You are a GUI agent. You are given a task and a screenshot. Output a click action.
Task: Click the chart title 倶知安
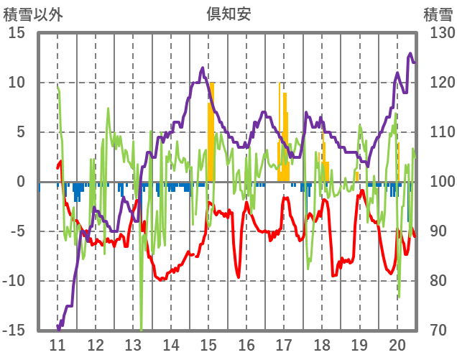pyautogui.click(x=228, y=14)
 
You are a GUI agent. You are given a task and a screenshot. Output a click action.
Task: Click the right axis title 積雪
pyautogui.click(x=438, y=14)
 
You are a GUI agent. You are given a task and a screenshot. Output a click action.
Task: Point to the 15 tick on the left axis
pyautogui.click(x=17, y=33)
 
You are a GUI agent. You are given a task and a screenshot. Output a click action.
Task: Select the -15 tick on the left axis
pyautogui.click(x=14, y=331)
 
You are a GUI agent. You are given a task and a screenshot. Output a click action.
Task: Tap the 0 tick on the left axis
pyautogui.click(x=21, y=182)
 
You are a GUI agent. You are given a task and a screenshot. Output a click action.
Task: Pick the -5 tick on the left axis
pyautogui.click(x=17, y=231)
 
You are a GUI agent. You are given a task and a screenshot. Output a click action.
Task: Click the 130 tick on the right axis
pyautogui.click(x=438, y=33)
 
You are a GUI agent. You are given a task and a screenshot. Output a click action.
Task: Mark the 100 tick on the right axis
pyautogui.click(x=438, y=182)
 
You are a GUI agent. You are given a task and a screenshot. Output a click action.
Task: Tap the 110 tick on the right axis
pyautogui.click(x=438, y=132)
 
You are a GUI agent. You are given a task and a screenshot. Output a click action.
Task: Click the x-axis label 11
pyautogui.click(x=57, y=344)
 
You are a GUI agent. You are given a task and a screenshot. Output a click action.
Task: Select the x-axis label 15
pyautogui.click(x=208, y=344)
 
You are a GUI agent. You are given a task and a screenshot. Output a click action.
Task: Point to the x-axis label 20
pyautogui.click(x=397, y=344)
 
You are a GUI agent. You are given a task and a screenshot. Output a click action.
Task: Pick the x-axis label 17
pyautogui.click(x=284, y=344)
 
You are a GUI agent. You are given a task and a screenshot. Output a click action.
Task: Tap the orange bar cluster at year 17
pyautogui.click(x=284, y=137)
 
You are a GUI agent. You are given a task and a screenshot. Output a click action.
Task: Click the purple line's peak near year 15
pyautogui.click(x=203, y=68)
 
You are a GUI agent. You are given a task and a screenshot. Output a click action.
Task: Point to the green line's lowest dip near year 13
pyautogui.click(x=141, y=328)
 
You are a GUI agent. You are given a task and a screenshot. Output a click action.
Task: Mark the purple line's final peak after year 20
pyautogui.click(x=410, y=54)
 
